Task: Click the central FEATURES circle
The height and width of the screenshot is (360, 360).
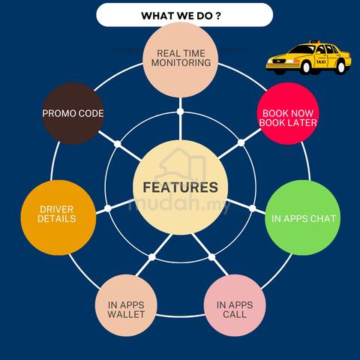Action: [x=181, y=187]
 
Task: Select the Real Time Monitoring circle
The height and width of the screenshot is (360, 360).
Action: [x=181, y=60]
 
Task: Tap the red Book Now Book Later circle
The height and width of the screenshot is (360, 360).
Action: [x=288, y=114]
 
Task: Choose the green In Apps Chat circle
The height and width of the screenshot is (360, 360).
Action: [x=303, y=217]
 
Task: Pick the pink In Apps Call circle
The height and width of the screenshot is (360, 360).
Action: [x=235, y=305]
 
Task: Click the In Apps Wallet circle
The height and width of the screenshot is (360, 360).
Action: [x=126, y=305]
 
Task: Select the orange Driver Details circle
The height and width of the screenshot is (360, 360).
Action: [x=58, y=217]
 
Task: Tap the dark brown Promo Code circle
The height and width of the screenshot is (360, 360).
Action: [x=73, y=113]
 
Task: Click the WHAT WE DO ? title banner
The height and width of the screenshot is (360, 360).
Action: [x=184, y=15]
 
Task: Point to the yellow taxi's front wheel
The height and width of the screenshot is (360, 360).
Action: [x=306, y=67]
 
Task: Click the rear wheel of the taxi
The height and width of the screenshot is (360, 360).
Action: [x=341, y=67]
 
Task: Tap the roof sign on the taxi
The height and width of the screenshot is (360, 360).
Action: [x=314, y=41]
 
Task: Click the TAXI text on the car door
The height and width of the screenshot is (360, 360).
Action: [x=321, y=61]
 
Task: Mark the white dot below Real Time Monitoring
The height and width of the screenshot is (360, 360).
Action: [x=180, y=112]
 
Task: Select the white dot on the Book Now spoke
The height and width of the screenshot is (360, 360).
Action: [x=241, y=142]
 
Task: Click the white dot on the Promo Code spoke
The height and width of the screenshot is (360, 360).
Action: [x=117, y=144]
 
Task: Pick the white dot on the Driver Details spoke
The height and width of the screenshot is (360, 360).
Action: [x=108, y=208]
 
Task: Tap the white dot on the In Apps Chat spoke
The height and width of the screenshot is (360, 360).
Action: [x=253, y=208]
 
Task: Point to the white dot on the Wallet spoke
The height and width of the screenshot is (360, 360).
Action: [x=151, y=257]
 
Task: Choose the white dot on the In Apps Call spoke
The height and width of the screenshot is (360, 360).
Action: [x=211, y=257]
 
